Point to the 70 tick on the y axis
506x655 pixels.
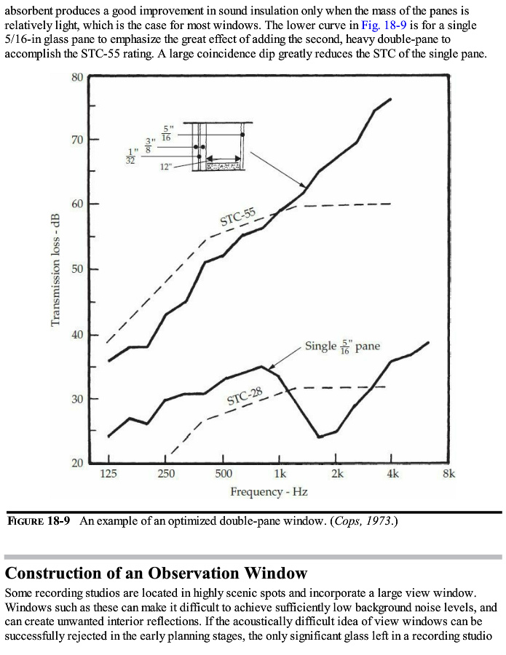tap(77, 139)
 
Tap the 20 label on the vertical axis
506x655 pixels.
tap(77, 463)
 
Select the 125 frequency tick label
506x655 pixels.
tap(108, 473)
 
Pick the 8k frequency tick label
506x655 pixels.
tap(448, 473)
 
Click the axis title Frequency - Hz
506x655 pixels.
tap(269, 492)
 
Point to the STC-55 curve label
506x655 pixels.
tap(238, 218)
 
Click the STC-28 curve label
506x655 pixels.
tap(245, 397)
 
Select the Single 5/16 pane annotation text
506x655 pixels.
tap(342, 346)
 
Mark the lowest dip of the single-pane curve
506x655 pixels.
tap(319, 437)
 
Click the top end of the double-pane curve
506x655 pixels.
tap(391, 99)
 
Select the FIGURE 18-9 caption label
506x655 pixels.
tap(39, 521)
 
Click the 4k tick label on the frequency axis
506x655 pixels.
tap(392, 473)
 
